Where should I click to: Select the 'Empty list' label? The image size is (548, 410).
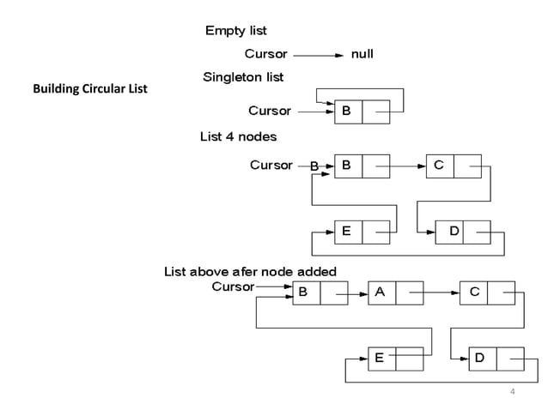pos(235,32)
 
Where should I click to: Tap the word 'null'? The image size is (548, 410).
pos(362,53)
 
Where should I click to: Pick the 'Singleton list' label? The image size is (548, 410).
pos(242,77)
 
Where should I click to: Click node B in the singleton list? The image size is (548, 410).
pos(362,111)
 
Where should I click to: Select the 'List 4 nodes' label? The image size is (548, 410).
pos(238,136)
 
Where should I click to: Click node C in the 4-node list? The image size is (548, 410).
pos(453,165)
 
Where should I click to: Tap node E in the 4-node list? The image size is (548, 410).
pos(362,232)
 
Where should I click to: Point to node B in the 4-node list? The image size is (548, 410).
pos(362,165)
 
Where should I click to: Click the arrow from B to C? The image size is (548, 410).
pos(406,166)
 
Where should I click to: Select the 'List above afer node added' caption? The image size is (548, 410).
pos(250,272)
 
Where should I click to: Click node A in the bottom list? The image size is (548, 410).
pos(395,292)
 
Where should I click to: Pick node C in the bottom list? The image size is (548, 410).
pos(487,292)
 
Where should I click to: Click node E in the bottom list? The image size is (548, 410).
pos(395,359)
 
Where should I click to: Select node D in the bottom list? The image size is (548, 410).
pos(496,359)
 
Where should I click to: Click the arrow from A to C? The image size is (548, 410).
pos(441,293)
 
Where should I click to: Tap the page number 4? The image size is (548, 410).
pos(512,392)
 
